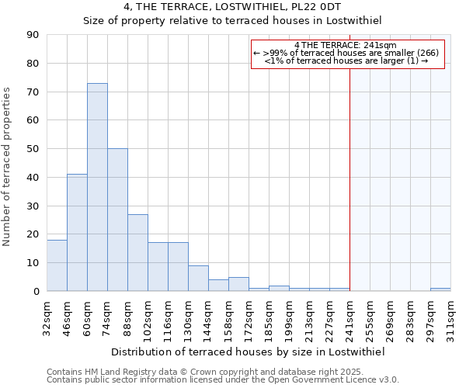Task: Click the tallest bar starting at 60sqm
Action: coord(97,187)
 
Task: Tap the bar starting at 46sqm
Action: coord(77,233)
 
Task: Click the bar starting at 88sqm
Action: coord(137,252)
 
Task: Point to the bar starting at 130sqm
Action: coord(198,279)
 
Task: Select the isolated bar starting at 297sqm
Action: coord(440,289)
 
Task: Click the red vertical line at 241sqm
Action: coord(349,194)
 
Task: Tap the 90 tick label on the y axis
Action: coord(33,35)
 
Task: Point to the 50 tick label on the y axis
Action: coord(33,149)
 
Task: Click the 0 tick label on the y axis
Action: coord(36,291)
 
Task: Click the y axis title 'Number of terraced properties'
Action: coord(8,166)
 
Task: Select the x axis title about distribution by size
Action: coord(249,352)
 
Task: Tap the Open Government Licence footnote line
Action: coord(223,380)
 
